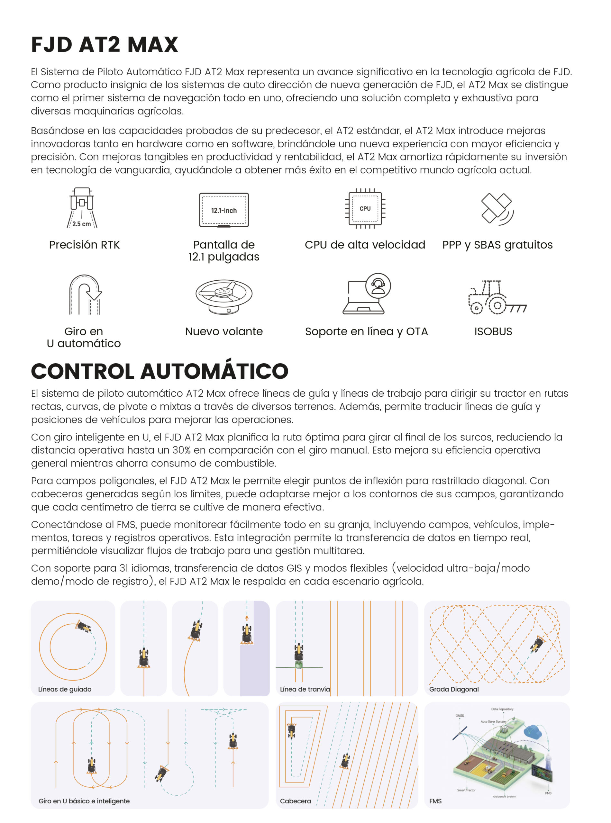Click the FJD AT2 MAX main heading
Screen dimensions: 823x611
click(105, 45)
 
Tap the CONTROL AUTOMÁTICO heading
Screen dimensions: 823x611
click(160, 371)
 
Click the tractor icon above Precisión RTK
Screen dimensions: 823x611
click(82, 207)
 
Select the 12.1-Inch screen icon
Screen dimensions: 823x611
click(224, 210)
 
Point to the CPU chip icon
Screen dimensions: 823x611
click(365, 209)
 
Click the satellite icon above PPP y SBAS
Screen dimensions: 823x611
click(497, 209)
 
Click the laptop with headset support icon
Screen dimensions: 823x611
click(366, 294)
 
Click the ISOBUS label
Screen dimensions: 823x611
click(493, 331)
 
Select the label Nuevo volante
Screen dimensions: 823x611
click(224, 331)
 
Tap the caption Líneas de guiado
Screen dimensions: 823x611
click(65, 689)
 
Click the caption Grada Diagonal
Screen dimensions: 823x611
click(454, 689)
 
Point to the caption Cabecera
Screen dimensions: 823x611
click(295, 801)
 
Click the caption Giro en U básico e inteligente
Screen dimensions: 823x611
click(84, 801)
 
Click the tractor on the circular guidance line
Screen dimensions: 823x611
click(83, 627)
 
